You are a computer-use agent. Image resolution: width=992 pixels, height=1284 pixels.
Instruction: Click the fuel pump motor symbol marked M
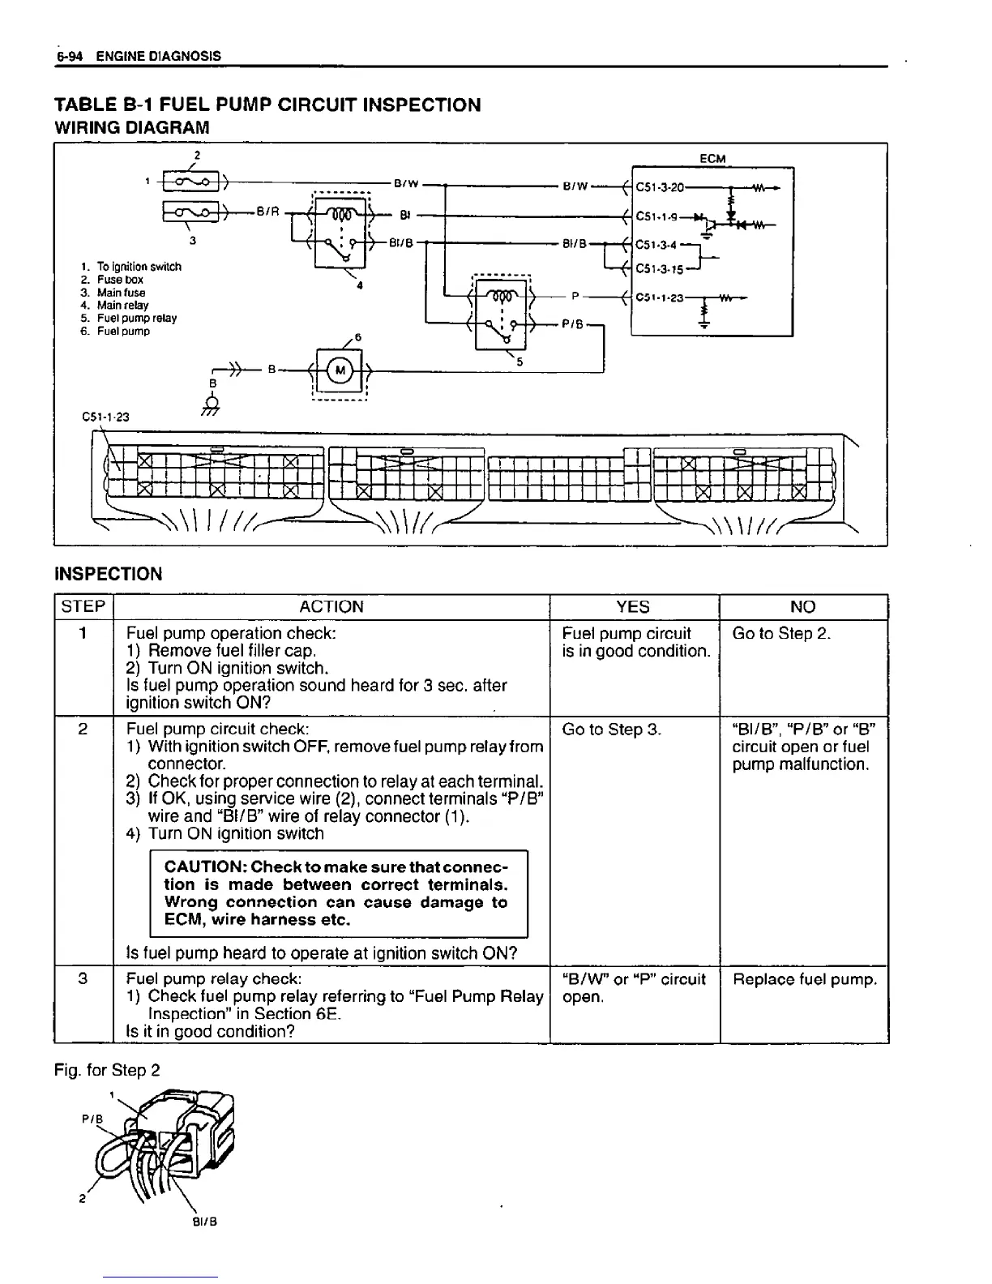coord(340,371)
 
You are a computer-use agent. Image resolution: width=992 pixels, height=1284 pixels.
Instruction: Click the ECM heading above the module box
coord(712,159)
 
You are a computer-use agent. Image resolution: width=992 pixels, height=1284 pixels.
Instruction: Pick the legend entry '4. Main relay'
coord(114,306)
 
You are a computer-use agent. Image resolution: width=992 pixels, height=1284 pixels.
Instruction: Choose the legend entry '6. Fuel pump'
coord(114,332)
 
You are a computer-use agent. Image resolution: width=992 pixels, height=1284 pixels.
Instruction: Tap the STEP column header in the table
coord(83,607)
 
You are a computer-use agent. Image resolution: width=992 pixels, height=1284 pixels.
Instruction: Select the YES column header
coord(633,607)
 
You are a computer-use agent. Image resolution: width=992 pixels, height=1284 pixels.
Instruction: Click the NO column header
coord(803,607)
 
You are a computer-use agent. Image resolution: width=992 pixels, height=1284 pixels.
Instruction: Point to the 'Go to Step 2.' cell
coord(781,634)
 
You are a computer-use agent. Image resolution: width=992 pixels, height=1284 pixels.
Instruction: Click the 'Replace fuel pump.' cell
coord(805,980)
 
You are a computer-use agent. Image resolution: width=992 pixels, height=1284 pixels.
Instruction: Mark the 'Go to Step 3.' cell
coord(612,730)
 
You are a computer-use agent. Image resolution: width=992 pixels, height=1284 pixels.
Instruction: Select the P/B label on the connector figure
coord(91,1119)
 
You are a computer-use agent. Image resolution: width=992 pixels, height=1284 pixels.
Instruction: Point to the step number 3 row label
coord(83,979)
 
